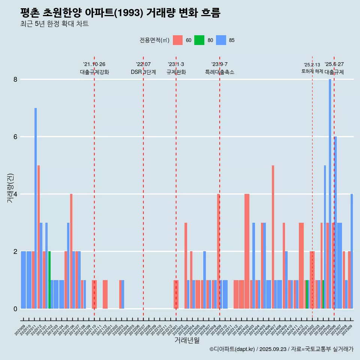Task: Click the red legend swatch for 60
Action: [x=178, y=40]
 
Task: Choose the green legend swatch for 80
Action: [x=199, y=40]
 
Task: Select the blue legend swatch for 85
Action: [x=221, y=40]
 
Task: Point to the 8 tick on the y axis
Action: [x=15, y=79]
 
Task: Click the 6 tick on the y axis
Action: [x=15, y=137]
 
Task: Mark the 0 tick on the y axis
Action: [x=15, y=309]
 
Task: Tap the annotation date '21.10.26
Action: [x=94, y=64]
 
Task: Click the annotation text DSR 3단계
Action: [x=143, y=72]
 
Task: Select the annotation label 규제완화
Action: [x=176, y=72]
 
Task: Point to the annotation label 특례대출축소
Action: [x=219, y=72]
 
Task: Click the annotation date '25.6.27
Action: [x=334, y=64]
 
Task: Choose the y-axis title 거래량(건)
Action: [x=10, y=187]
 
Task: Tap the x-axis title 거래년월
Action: [x=187, y=340]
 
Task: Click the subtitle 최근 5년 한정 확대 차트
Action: [x=54, y=24]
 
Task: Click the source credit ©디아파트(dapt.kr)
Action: [x=232, y=349]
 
